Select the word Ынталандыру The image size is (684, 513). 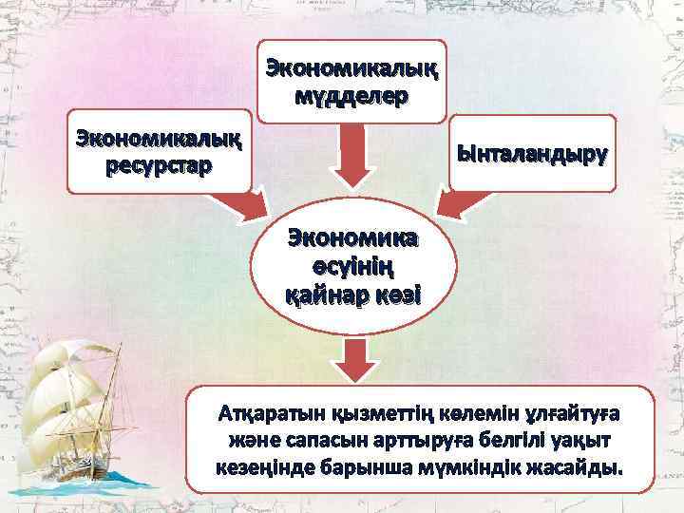[533, 153]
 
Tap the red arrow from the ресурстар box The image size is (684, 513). [236, 201]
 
